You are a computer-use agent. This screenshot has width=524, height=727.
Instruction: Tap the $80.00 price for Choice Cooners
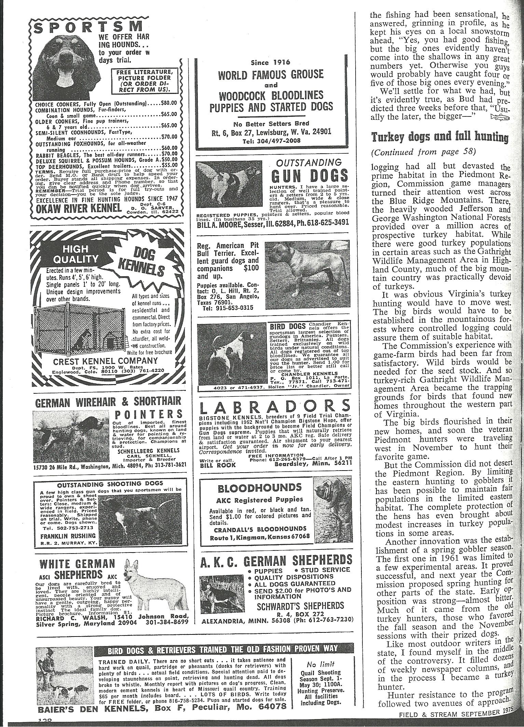pyautogui.click(x=169, y=102)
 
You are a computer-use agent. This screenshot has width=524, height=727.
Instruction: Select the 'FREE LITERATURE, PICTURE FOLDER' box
pyautogui.click(x=143, y=80)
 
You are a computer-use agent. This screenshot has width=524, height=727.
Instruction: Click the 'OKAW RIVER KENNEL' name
pyautogui.click(x=79, y=208)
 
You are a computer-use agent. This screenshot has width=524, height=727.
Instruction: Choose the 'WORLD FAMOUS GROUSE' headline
pyautogui.click(x=271, y=74)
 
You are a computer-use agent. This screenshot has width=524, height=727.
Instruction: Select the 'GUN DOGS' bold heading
pyautogui.click(x=309, y=176)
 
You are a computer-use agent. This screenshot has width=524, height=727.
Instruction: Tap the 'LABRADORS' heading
pyautogui.click(x=275, y=407)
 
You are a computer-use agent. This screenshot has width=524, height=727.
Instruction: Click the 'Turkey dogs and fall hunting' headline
pyautogui.click(x=440, y=137)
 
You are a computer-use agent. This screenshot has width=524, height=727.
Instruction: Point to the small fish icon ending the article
pyautogui.click(x=499, y=118)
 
